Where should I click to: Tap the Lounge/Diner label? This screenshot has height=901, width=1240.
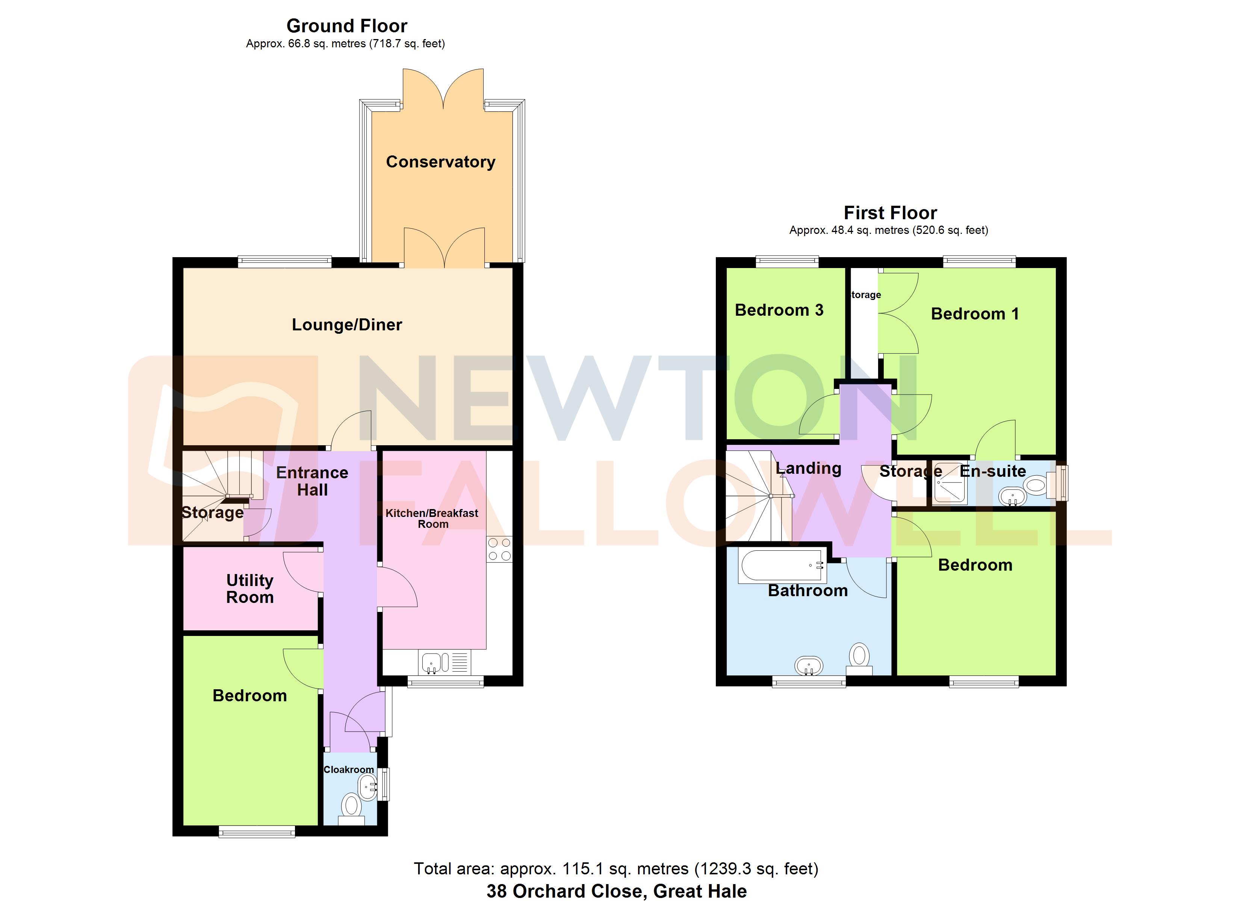click(x=346, y=325)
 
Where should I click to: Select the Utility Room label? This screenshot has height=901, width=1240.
click(x=250, y=588)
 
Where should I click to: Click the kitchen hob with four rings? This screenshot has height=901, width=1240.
click(x=499, y=549)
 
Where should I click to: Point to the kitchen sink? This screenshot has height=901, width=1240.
click(x=432, y=663)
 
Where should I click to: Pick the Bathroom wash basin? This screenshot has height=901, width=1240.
click(x=809, y=666)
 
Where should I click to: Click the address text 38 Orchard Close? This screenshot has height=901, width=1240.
click(x=566, y=891)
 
